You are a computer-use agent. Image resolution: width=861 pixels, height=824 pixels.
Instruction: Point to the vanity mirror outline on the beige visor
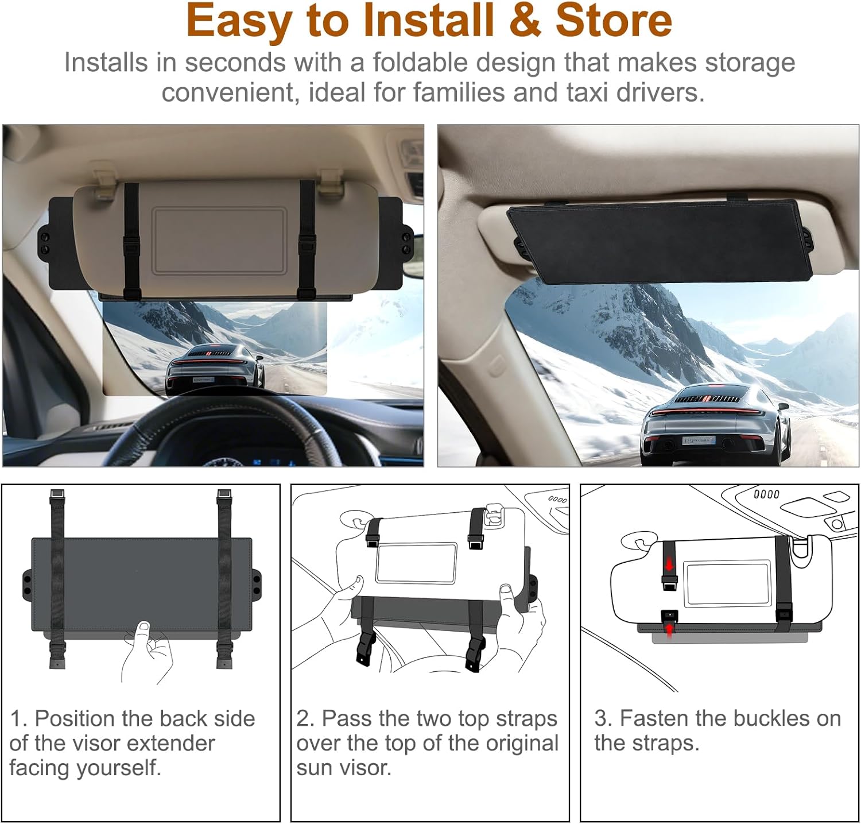pyautogui.click(x=219, y=241)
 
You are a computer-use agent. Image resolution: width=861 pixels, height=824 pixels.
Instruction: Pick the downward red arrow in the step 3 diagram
pyautogui.click(x=668, y=565)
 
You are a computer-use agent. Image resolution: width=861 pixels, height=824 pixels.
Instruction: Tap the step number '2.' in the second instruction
pyautogui.click(x=305, y=719)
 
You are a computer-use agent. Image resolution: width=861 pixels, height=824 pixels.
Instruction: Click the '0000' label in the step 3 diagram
pyautogui.click(x=766, y=494)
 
